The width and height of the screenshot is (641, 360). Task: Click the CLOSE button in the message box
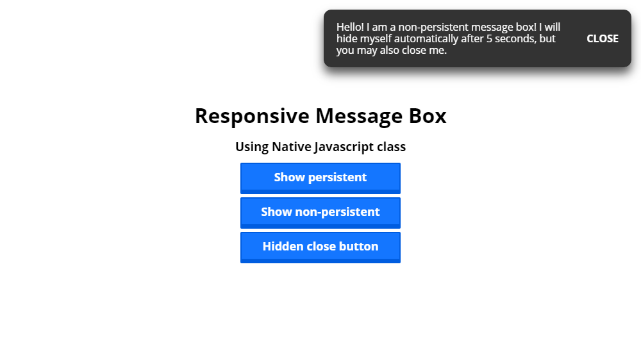(x=602, y=38)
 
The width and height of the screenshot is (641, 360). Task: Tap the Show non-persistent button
(x=320, y=213)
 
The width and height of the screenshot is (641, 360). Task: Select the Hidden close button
(x=320, y=248)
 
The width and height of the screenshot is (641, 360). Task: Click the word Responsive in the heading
(x=252, y=117)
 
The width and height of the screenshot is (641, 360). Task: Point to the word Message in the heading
(x=359, y=117)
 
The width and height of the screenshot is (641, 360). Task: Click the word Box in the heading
(x=428, y=116)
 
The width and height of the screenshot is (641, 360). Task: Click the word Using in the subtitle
(x=252, y=147)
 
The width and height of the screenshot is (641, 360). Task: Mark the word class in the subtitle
(x=392, y=147)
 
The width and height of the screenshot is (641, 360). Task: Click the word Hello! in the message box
(x=350, y=27)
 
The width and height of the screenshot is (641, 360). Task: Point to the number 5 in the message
(x=489, y=39)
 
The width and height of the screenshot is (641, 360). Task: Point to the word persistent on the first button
(x=337, y=177)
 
